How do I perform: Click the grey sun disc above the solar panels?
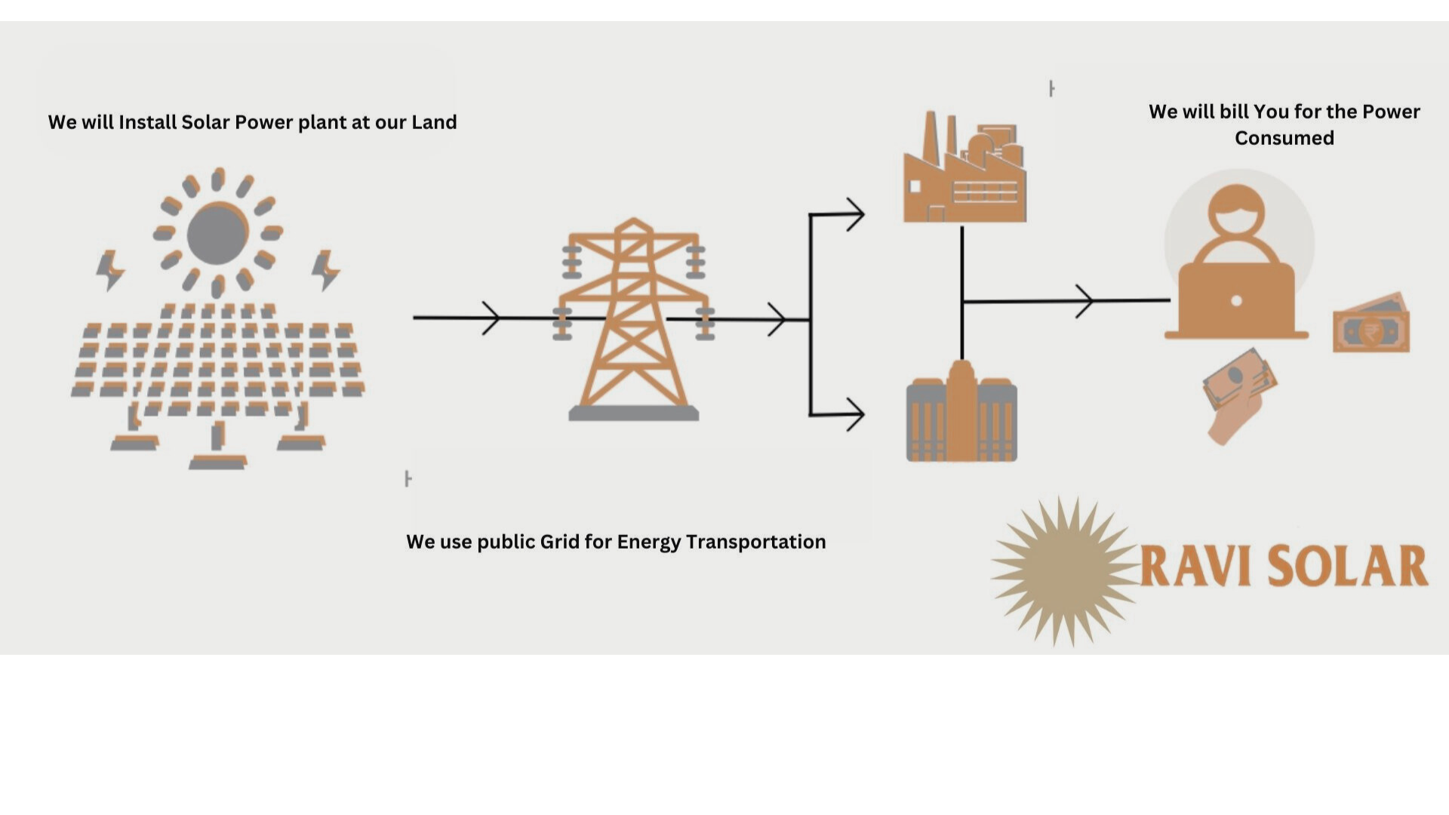coord(217,233)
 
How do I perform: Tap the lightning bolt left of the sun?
coord(109,270)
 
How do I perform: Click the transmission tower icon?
coord(633,317)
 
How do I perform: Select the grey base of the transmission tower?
coord(633,413)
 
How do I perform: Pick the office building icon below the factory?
coord(961,413)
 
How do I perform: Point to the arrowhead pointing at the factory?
coord(854,214)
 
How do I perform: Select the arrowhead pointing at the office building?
coord(854,414)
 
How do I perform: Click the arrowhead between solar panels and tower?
coord(491,318)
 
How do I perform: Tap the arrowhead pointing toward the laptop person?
coord(1084,301)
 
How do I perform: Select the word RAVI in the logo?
coord(1193,566)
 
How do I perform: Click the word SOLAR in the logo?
coord(1348,566)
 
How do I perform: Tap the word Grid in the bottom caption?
coord(559,542)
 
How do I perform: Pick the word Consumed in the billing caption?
coord(1284,138)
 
